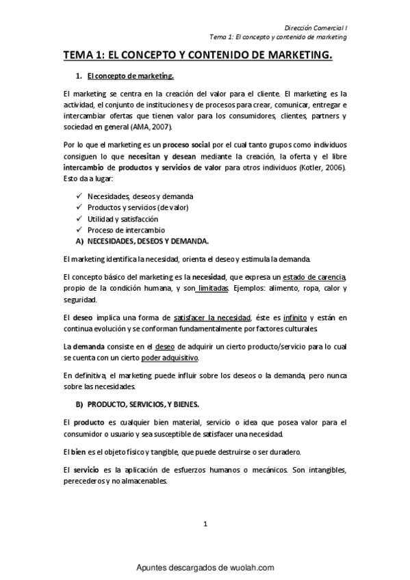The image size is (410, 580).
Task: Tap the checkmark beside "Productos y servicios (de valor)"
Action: click(80, 207)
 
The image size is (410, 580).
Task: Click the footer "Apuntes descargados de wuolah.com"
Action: click(205, 568)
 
